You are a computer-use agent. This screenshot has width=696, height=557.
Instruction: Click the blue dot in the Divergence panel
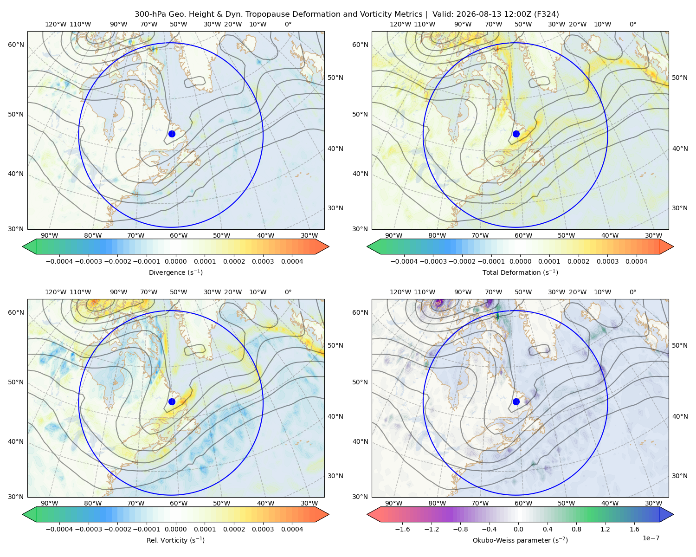(x=172, y=134)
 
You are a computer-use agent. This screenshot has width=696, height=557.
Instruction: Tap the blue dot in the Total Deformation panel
(x=516, y=134)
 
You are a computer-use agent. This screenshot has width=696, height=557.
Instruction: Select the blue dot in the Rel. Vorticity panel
(x=172, y=402)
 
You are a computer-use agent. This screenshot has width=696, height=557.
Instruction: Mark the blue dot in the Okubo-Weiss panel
(x=516, y=402)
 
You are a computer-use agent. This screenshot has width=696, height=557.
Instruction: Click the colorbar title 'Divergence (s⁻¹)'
(x=175, y=272)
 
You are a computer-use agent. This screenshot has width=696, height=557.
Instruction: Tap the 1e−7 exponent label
(x=651, y=538)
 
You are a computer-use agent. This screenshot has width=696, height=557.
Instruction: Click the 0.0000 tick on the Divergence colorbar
(x=175, y=261)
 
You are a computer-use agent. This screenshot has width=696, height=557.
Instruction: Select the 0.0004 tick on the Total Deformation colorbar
(x=637, y=261)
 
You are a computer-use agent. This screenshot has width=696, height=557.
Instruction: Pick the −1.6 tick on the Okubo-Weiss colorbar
(x=402, y=529)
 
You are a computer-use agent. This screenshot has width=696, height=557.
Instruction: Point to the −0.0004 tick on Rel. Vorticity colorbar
(x=59, y=529)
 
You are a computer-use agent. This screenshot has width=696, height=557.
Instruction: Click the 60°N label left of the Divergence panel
(x=16, y=45)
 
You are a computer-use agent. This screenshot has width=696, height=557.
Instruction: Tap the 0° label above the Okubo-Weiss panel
(x=633, y=292)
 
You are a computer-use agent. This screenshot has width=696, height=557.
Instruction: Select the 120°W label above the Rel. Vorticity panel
(x=56, y=292)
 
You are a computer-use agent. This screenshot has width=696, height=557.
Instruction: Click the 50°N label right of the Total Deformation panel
(x=680, y=78)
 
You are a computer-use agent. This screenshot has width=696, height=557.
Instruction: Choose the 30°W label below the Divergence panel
(x=309, y=235)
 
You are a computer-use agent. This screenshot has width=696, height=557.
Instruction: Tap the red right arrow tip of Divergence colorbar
(x=329, y=246)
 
